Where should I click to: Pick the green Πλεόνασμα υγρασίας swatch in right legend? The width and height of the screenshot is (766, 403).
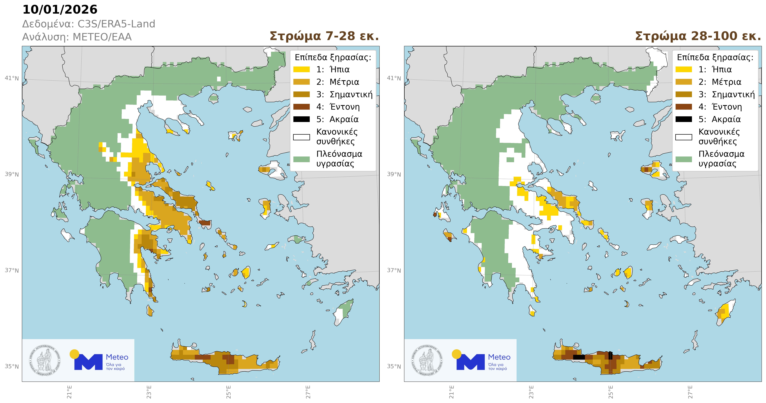[684, 159]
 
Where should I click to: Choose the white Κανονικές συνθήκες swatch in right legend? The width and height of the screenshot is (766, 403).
[684, 137]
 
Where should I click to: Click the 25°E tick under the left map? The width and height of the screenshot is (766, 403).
[228, 392]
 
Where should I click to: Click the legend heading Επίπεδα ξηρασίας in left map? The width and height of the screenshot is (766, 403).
[333, 57]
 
